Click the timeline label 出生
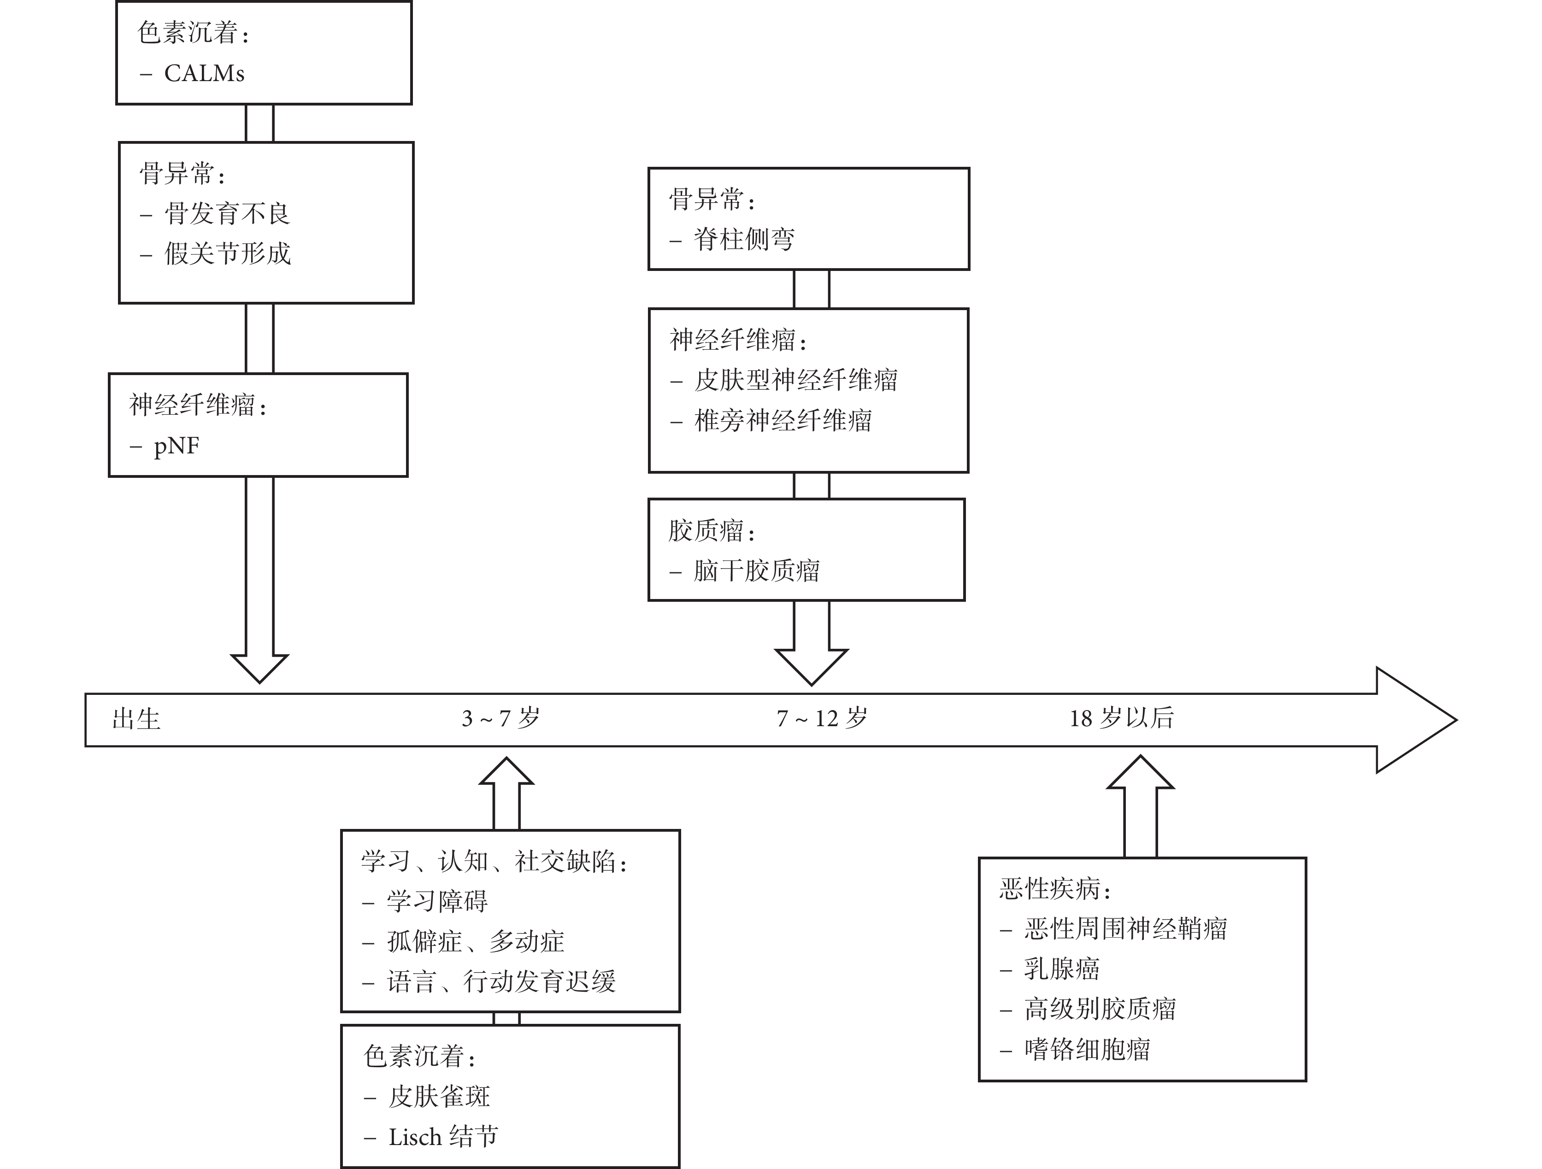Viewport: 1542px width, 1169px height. click(136, 719)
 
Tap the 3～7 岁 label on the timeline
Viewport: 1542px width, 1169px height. click(500, 718)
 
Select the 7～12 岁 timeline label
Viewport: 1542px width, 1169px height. click(822, 718)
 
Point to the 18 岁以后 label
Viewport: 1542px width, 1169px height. click(1122, 718)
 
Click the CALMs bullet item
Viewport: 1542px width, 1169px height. click(204, 74)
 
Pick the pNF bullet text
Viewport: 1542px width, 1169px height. click(177, 446)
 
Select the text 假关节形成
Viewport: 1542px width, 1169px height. click(227, 254)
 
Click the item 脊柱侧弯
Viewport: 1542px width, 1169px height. click(744, 240)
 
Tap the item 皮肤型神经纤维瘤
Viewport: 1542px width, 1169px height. click(796, 380)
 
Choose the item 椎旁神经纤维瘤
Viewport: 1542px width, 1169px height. click(783, 420)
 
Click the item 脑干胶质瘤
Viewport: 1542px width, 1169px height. click(756, 571)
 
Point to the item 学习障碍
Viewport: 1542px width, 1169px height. click(437, 901)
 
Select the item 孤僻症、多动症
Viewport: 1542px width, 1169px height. click(476, 942)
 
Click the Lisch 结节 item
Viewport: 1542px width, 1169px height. click(443, 1137)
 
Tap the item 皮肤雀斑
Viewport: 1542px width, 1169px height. click(439, 1097)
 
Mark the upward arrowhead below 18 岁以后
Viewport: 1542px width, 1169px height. click(1141, 772)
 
